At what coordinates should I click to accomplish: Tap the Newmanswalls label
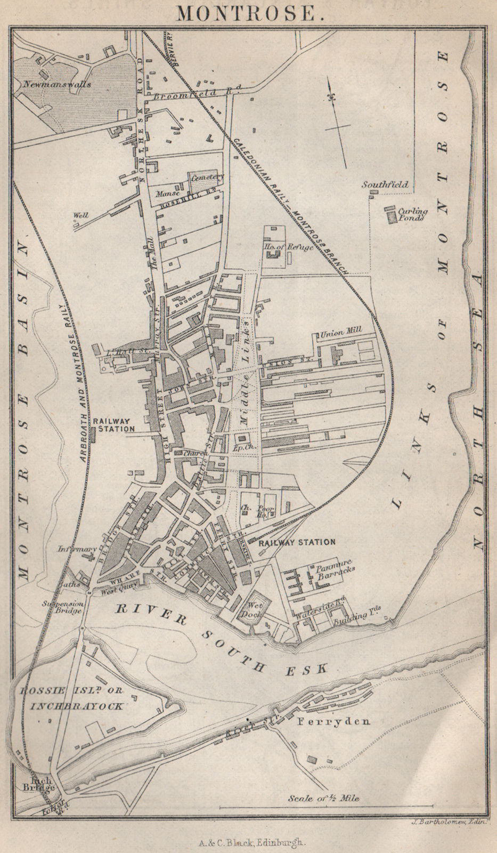pos(57,84)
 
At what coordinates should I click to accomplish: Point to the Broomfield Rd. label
pos(198,94)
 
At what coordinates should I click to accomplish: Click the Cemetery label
pos(210,177)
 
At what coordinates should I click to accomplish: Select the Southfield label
pos(385,185)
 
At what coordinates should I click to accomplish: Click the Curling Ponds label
pos(413,214)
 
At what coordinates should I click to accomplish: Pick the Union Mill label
pos(341,331)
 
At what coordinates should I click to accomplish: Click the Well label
pos(80,215)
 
